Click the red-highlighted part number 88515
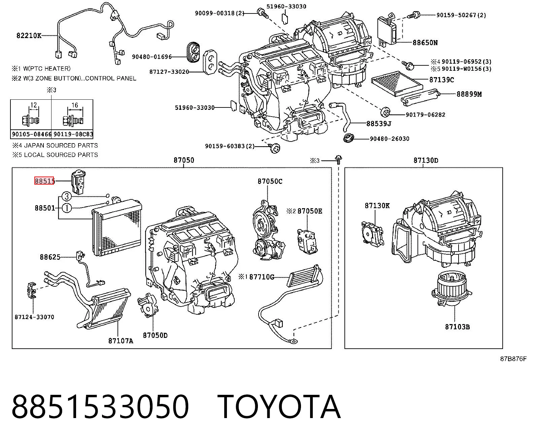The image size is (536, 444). click(x=44, y=181)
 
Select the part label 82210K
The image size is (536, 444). click(x=29, y=35)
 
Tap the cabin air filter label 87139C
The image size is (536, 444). click(x=441, y=80)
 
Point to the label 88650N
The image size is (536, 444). click(x=425, y=43)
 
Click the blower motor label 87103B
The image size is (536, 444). click(x=458, y=327)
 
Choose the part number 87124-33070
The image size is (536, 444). click(x=34, y=317)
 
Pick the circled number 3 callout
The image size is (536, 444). click(x=67, y=196)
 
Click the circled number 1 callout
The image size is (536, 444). click(x=67, y=208)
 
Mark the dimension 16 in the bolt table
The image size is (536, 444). click(x=75, y=105)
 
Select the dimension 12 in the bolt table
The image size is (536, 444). click(x=34, y=105)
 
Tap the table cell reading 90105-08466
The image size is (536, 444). click(x=31, y=134)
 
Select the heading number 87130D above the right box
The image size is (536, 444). click(x=426, y=160)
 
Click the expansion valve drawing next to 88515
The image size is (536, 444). click(x=78, y=182)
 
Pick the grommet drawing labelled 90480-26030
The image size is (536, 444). click(x=348, y=138)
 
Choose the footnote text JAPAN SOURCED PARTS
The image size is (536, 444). click(x=61, y=146)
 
